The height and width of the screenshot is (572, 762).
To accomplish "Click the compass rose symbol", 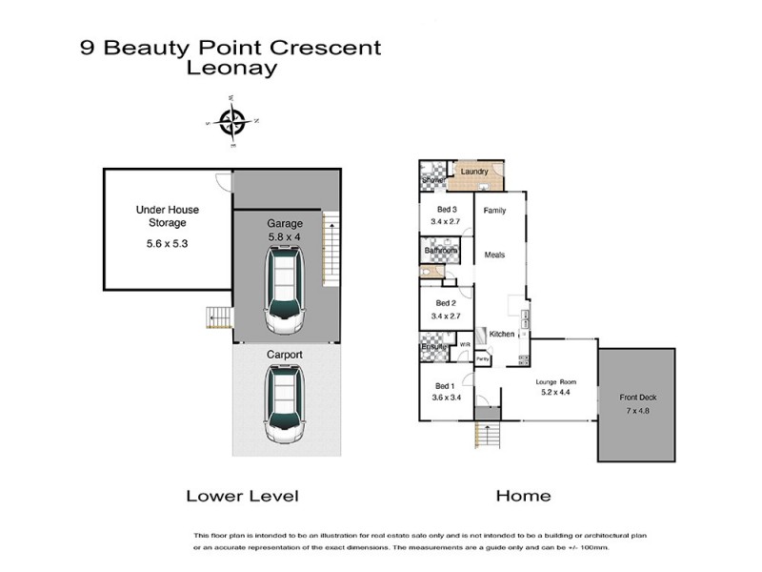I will pos(231,121).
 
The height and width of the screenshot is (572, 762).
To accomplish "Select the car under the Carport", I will pos(286,403).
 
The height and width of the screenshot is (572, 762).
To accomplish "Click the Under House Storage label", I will pos(167,215).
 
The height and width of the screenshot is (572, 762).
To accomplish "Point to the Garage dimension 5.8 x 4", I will pos(285,236).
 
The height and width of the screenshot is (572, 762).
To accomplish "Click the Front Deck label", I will pos(635,397).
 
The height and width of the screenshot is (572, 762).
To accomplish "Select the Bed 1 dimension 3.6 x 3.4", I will pos(446,398).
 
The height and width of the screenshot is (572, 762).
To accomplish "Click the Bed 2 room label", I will pos(446,303).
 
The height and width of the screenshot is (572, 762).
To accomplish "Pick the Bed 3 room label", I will pos(447,210).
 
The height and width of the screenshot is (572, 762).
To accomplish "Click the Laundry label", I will pos(474,173).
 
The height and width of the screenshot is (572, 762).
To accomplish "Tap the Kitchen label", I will pos(502,335).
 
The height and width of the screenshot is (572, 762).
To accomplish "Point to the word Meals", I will pos(494,255).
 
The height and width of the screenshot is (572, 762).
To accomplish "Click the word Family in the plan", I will pos(494,210).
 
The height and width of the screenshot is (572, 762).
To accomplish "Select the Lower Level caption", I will pos(242,496).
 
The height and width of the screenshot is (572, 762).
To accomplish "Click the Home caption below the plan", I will pos(523,496).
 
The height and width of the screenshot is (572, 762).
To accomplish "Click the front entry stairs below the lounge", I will pos(487,436).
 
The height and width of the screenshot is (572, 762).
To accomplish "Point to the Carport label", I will pos(284,353).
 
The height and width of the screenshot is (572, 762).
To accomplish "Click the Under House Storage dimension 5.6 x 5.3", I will pos(167,242).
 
